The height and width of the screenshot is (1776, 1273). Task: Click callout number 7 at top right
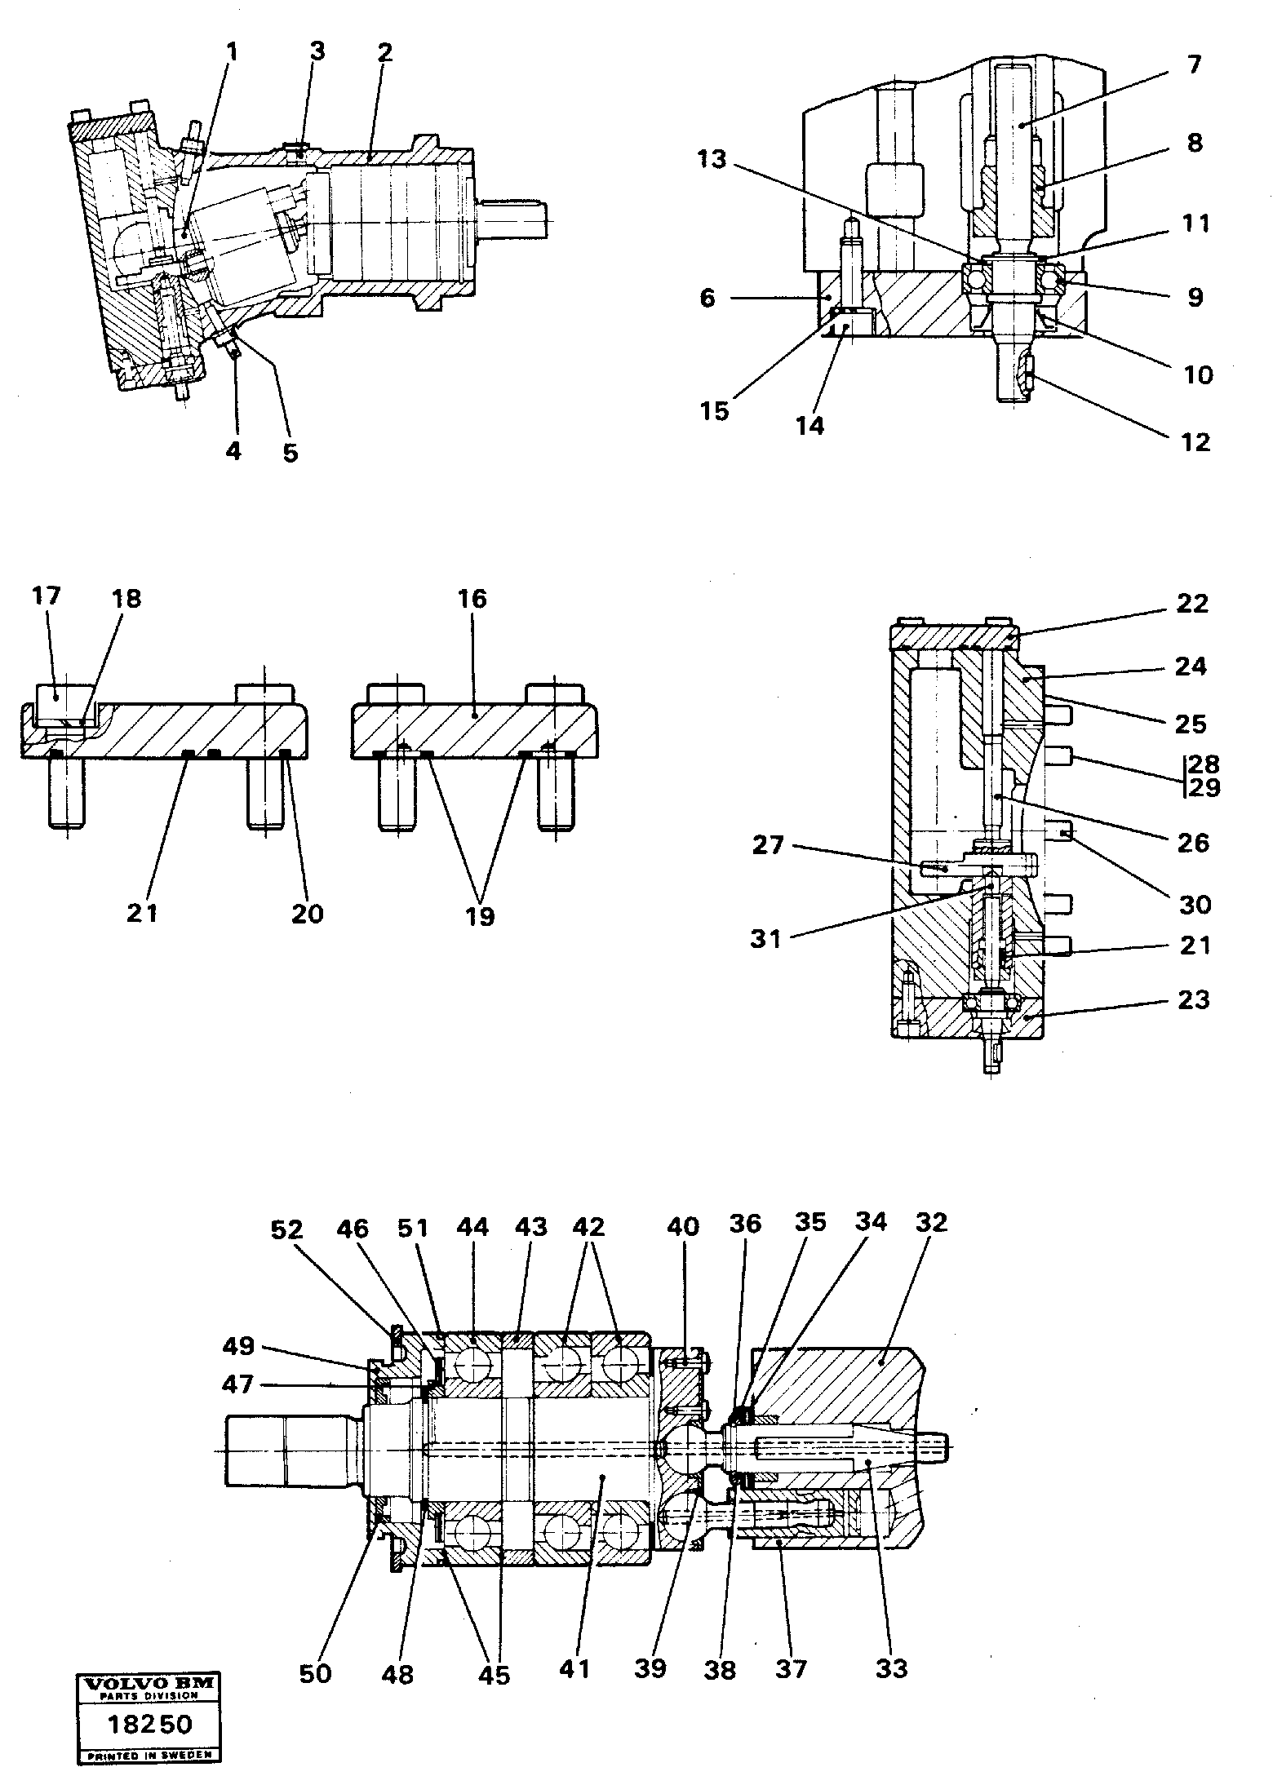1194,64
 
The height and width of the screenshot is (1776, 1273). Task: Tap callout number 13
712,159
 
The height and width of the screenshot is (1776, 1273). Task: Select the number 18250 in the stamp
150,1717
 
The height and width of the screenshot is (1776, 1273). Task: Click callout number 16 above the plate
472,600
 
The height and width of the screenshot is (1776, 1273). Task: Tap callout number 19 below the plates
480,915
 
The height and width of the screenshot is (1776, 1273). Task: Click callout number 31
766,939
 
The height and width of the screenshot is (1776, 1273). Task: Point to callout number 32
931,1223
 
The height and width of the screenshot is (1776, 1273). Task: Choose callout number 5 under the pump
291,453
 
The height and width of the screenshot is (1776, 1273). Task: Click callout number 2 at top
384,53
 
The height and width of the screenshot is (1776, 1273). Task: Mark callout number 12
1195,442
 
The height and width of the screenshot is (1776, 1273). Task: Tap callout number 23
1193,999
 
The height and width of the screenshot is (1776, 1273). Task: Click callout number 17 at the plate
47,596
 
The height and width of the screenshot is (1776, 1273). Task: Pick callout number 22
1192,604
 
